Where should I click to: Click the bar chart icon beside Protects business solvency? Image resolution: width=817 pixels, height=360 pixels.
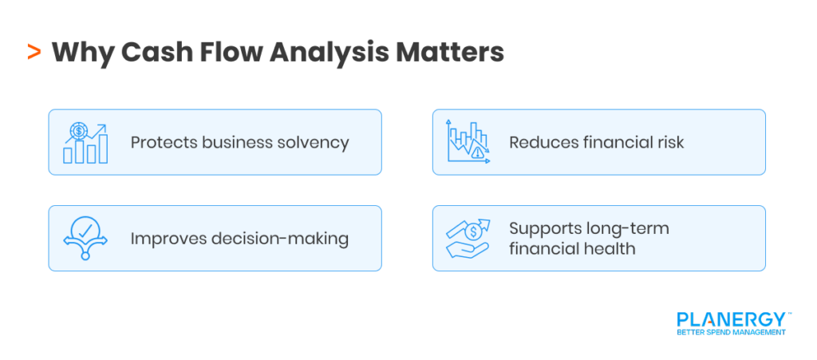point(85,143)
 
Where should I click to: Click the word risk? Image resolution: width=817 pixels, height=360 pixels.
point(667,143)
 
